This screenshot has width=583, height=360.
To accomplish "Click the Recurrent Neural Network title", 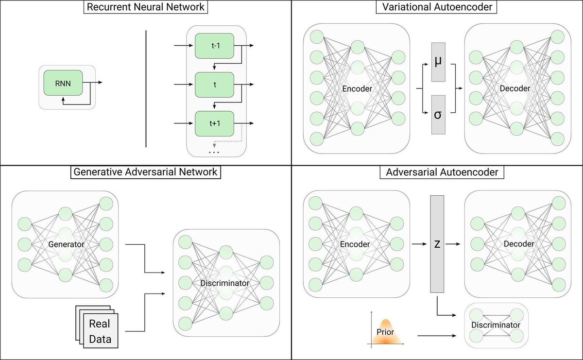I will click(x=145, y=8).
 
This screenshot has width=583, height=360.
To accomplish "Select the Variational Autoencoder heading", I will click(x=437, y=8).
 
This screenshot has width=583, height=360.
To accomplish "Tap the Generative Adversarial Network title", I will click(x=145, y=171).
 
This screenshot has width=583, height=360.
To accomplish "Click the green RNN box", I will click(x=63, y=83).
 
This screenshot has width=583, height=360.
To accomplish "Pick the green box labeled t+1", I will click(x=214, y=123).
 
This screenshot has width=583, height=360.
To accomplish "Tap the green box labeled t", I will click(x=214, y=85).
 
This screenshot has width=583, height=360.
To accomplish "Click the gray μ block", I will click(x=438, y=63).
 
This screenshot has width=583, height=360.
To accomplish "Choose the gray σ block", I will click(x=438, y=115).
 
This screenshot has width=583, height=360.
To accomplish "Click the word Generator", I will click(x=67, y=244).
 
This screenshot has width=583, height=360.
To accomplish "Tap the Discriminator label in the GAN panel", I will click(x=224, y=283).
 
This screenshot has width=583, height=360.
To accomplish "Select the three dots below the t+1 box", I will click(x=214, y=153).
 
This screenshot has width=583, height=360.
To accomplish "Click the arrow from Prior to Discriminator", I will click(x=435, y=335).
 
